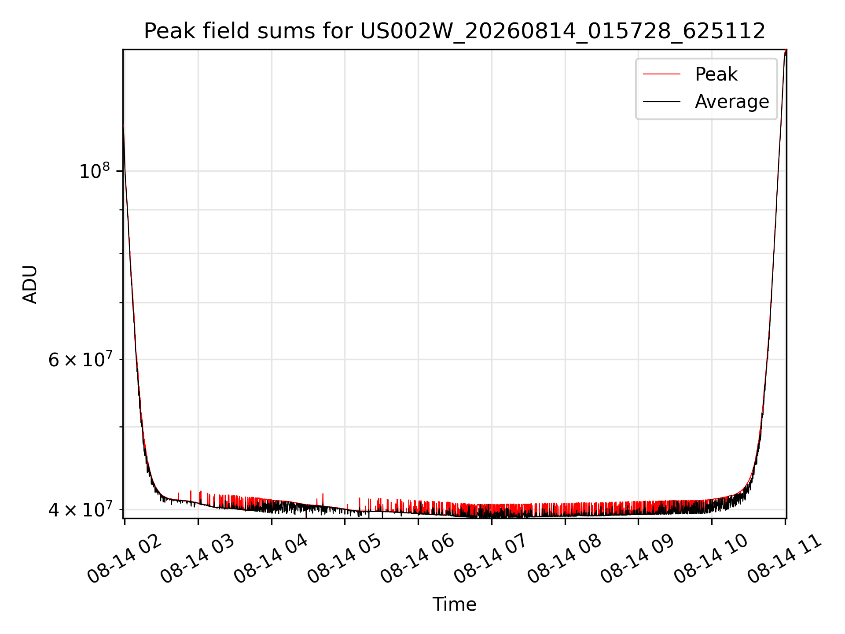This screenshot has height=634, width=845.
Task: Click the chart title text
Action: (455, 31)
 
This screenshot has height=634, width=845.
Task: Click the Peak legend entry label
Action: (716, 74)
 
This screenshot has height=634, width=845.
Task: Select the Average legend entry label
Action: (732, 102)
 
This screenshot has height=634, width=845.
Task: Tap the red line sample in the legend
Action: (661, 74)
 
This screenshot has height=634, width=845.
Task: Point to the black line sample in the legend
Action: (661, 102)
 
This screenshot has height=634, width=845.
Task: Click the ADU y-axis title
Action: (30, 284)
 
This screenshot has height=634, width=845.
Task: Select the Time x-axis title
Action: (454, 604)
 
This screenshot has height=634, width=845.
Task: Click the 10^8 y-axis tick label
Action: (94, 170)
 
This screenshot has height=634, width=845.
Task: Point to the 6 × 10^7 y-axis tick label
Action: (80, 359)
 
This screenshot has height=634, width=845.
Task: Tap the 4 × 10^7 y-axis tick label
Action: (80, 509)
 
